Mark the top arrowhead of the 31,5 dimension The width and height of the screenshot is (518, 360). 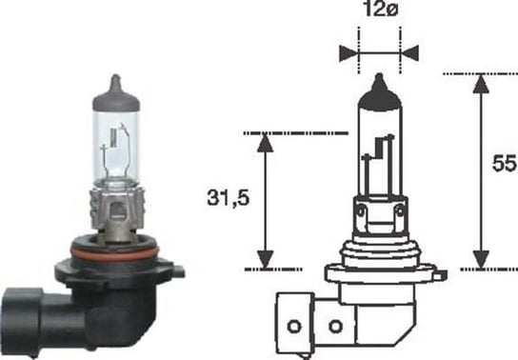(267, 142)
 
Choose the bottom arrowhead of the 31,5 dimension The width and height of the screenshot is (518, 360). (267, 259)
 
